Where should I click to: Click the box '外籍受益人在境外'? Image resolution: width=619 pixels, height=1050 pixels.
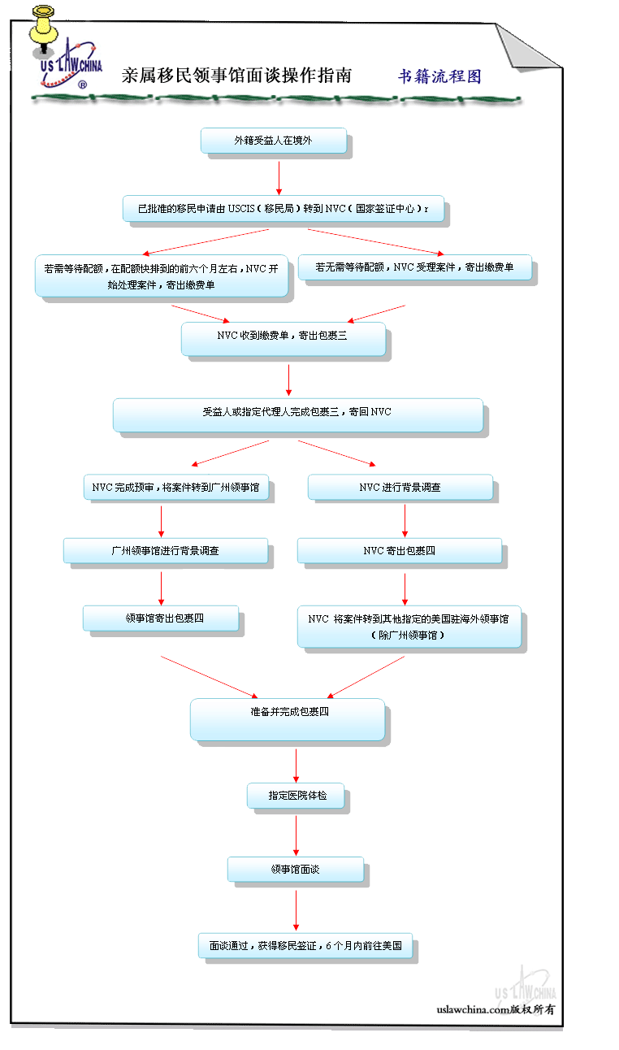(x=274, y=141)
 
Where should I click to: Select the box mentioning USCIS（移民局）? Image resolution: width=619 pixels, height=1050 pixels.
(x=284, y=208)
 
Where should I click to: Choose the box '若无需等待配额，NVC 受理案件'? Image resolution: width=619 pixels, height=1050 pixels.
(x=414, y=267)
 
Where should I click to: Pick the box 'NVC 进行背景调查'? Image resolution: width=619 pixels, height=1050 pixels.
(x=400, y=488)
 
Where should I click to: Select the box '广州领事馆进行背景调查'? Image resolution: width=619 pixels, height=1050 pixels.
(x=166, y=550)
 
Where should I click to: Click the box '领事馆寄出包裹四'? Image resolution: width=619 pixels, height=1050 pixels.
(x=161, y=618)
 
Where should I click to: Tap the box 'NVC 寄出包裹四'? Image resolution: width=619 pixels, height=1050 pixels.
(x=400, y=550)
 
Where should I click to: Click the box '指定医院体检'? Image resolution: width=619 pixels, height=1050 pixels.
(x=296, y=796)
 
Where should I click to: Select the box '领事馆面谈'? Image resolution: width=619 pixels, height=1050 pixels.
(x=296, y=870)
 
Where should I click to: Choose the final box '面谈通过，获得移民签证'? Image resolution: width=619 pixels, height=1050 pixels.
(x=305, y=945)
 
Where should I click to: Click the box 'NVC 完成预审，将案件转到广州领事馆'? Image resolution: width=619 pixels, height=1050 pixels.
(x=176, y=488)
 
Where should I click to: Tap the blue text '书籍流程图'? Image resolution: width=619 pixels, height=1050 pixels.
(x=439, y=76)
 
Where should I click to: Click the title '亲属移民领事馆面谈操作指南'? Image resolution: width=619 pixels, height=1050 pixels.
(x=236, y=76)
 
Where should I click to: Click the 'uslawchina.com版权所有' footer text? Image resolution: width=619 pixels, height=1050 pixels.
(x=496, y=1010)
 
